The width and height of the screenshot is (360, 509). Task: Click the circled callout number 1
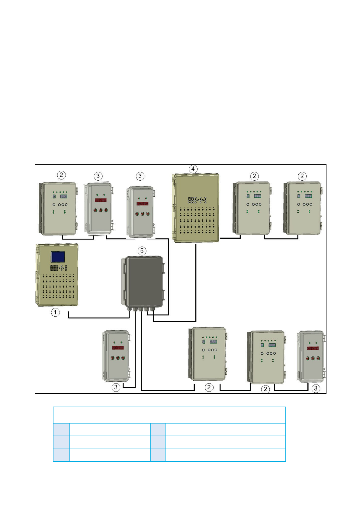coord(55,312)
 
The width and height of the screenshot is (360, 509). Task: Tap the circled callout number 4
coord(193,169)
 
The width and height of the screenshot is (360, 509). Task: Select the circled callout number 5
coord(142,251)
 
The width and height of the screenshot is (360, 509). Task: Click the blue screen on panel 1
coord(58,257)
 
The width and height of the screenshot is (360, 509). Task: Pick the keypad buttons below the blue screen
coord(58,268)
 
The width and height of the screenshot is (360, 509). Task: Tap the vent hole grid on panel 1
coord(58,286)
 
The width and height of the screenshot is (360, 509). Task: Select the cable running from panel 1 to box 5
coord(99,318)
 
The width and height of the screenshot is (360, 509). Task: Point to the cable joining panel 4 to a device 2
coord(230,238)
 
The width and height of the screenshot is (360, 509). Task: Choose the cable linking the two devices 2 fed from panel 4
coord(281,239)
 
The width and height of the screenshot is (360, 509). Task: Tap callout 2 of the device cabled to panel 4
coord(254,176)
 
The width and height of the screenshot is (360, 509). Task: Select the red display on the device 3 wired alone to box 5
coord(118,348)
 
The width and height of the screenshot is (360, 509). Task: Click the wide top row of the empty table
coord(169,415)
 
